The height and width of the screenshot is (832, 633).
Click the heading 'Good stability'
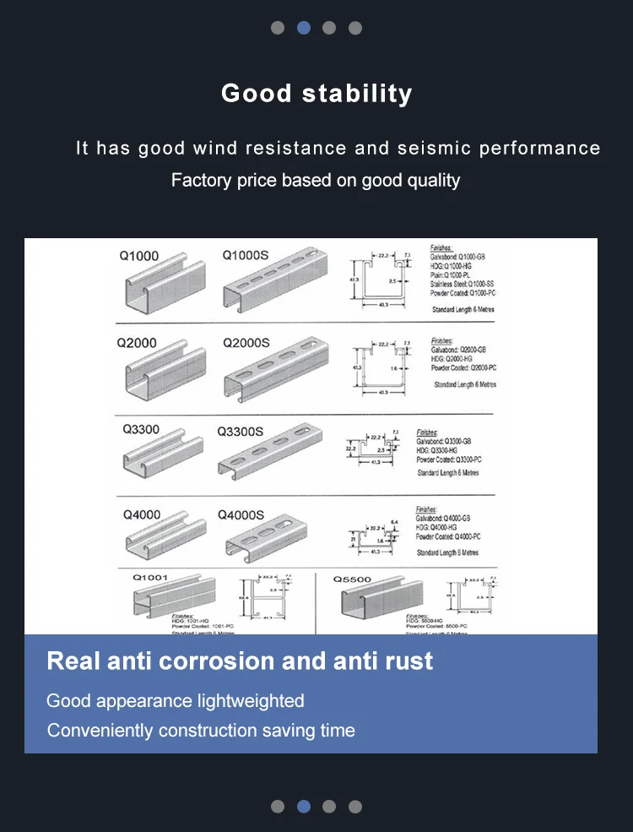pyautogui.click(x=316, y=93)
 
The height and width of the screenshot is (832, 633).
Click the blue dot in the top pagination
pyautogui.click(x=304, y=28)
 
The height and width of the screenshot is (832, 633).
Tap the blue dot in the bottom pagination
pyautogui.click(x=304, y=807)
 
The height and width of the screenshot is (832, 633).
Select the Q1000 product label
pyautogui.click(x=138, y=256)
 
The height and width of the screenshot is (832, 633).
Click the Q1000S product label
pyautogui.click(x=246, y=255)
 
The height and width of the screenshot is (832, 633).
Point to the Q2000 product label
pyautogui.click(x=137, y=343)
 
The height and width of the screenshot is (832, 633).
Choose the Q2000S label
pyautogui.click(x=246, y=343)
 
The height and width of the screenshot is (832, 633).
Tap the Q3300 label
pyautogui.click(x=140, y=429)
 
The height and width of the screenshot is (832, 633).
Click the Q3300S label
pyautogui.click(x=241, y=431)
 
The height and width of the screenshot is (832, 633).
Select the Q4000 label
pyautogui.click(x=142, y=514)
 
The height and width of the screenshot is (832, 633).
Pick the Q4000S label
pyautogui.click(x=241, y=515)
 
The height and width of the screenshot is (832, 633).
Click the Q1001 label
pyautogui.click(x=150, y=578)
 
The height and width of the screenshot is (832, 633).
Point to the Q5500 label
pyautogui.click(x=351, y=580)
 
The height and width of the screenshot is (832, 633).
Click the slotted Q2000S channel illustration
pyautogui.click(x=273, y=368)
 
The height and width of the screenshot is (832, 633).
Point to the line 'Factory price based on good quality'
pyautogui.click(x=316, y=180)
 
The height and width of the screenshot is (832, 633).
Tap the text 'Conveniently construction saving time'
pyautogui.click(x=201, y=731)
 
